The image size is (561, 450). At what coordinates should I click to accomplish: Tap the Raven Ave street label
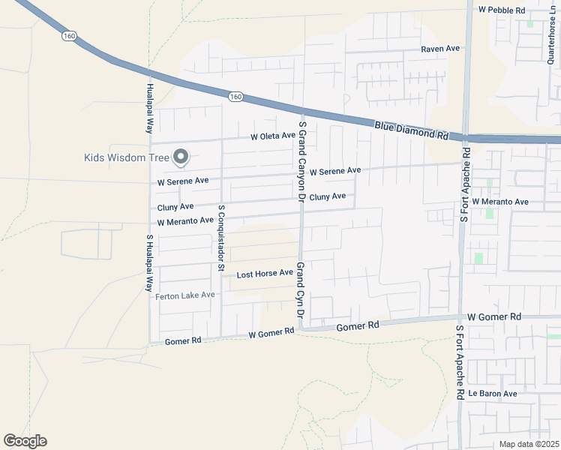440,49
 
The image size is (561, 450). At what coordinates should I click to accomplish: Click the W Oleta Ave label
273,136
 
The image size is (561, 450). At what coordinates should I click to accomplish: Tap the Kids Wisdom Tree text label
127,157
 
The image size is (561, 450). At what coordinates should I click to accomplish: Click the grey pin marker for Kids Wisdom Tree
181,157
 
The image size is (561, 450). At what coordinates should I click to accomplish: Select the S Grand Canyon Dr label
302,161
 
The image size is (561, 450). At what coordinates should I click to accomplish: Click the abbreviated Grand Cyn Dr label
300,295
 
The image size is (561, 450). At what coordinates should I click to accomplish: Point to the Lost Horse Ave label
265,274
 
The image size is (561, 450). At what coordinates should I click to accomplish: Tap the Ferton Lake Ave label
185,295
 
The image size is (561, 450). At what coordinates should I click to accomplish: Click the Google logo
25,441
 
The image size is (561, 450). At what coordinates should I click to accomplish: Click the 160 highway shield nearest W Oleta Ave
235,96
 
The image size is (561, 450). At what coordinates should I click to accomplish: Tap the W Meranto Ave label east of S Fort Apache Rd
502,202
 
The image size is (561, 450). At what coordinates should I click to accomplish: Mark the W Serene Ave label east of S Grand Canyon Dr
334,172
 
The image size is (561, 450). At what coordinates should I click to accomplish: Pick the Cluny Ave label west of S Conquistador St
175,207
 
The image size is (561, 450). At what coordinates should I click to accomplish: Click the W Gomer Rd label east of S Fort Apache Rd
493,318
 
